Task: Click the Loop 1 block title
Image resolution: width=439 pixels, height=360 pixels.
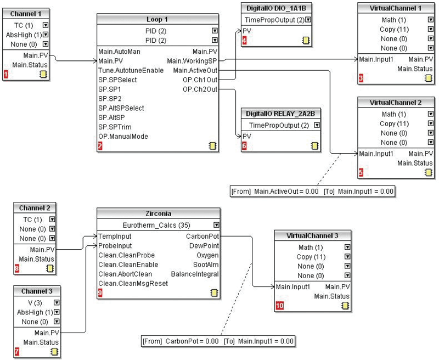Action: [158, 19]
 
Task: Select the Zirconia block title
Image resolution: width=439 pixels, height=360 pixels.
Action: [158, 213]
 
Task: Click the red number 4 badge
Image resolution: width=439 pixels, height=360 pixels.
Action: [245, 40]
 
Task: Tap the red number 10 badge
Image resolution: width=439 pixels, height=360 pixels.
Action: [280, 306]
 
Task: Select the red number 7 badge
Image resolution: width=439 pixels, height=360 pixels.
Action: [16, 351]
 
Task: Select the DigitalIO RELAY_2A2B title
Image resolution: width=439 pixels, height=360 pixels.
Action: [280, 114]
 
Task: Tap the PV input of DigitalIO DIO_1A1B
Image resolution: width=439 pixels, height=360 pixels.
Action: [247, 31]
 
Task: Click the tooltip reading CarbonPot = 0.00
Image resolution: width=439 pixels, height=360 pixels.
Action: [218, 341]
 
